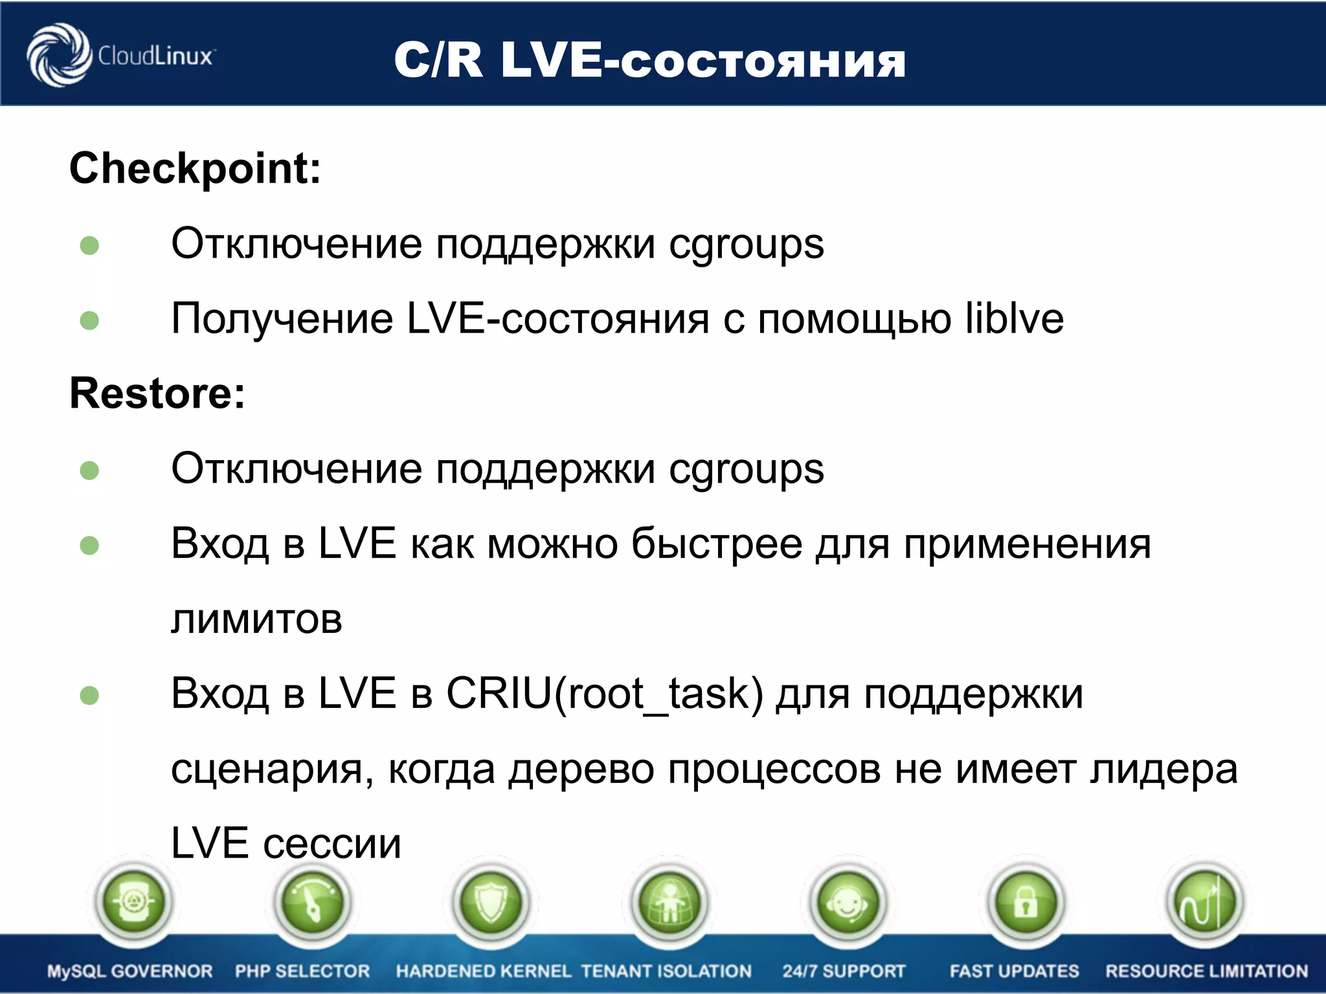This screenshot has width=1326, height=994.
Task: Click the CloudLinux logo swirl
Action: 58,55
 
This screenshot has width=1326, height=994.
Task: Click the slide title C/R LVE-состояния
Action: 649,60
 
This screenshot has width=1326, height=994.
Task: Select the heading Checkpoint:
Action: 195,168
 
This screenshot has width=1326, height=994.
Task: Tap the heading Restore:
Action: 157,393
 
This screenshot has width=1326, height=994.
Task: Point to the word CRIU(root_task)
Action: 605,694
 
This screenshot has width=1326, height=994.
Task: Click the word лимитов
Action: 256,619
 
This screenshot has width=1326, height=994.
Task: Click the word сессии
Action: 332,844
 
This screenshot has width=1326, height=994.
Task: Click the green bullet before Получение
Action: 89,320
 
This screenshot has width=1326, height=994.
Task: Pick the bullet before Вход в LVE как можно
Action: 89,546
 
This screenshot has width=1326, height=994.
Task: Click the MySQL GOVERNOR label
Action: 129,971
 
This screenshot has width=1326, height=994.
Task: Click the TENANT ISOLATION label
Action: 666,971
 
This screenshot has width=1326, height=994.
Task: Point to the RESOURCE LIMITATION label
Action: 1206,971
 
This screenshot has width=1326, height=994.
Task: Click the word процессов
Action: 774,769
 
